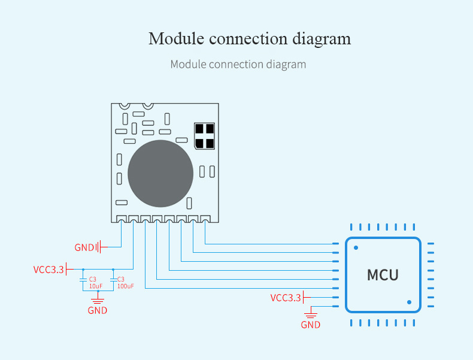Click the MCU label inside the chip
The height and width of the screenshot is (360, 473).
pos(383,275)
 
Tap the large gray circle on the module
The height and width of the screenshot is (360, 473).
pos(160,174)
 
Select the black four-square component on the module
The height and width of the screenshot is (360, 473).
pos(205,136)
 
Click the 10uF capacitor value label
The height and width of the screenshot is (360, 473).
pos(96,286)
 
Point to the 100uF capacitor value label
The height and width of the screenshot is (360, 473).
pos(126,286)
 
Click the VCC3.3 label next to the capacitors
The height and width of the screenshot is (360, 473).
pos(48,270)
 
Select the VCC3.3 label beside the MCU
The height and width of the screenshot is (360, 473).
pos(286,298)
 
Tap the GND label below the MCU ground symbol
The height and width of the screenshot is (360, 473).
pos(310,325)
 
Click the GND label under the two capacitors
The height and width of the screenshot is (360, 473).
pos(98,310)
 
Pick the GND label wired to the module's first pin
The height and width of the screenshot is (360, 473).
pos(84,247)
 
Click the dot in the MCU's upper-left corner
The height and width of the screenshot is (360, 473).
pos(356,248)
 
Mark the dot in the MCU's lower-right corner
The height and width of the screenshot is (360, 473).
pos(409,302)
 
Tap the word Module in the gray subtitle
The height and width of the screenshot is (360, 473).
pos(188,64)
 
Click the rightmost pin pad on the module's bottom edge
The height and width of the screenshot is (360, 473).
pos(205,219)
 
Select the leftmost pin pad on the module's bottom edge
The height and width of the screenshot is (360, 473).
pos(122,219)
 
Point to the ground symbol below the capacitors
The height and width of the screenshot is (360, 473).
pos(98,301)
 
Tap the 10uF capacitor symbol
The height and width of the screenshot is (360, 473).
pos(83,280)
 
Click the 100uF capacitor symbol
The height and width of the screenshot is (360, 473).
pos(113,280)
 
